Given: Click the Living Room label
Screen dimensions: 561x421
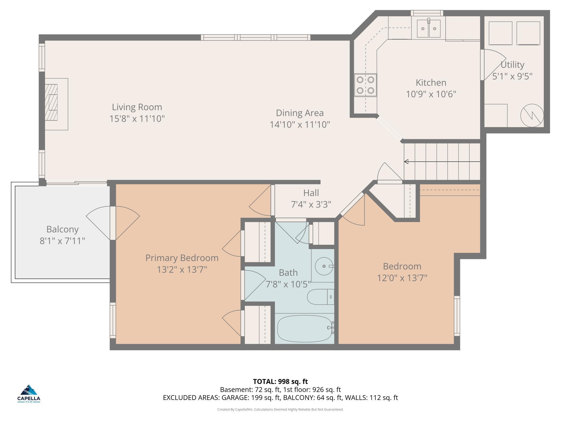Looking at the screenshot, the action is [x=137, y=107].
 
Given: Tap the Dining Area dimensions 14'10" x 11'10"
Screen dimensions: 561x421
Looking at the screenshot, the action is [x=300, y=124].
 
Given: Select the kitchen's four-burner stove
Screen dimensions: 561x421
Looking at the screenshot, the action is [x=365, y=85].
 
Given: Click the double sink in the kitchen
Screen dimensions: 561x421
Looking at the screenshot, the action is [x=429, y=29].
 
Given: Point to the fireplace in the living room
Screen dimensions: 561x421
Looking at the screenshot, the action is [x=56, y=104].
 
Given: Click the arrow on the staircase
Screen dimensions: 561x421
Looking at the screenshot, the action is [x=442, y=162].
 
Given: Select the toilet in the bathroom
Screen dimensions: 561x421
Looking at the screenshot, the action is [x=321, y=297].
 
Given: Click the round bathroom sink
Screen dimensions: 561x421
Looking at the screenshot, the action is [x=324, y=266].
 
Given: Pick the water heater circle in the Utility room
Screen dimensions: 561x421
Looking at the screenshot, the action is [x=532, y=116].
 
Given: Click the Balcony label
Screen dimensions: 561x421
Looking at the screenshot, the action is [x=63, y=229].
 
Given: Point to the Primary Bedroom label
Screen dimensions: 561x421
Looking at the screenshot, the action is [x=182, y=258].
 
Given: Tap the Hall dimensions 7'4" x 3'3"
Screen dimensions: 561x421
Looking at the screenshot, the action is [x=311, y=205].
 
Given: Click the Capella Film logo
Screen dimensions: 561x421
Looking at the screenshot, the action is [x=29, y=393].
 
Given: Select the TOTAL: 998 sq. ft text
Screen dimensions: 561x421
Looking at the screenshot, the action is [x=280, y=382].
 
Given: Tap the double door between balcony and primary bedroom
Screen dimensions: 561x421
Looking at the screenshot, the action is [x=113, y=223].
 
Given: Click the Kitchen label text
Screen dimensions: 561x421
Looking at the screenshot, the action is [x=431, y=83].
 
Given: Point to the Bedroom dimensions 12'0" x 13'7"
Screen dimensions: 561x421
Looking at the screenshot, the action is [x=402, y=278].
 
